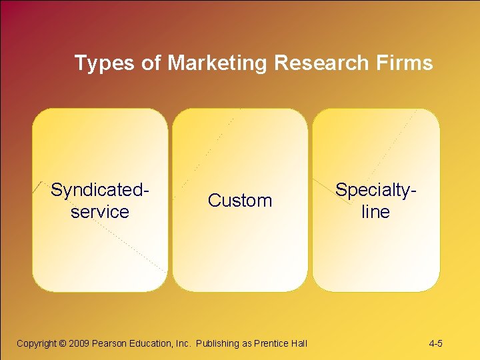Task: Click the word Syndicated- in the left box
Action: point(99,190)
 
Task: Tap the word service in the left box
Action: point(99,212)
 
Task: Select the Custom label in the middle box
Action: point(240,201)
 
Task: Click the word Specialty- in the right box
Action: point(377,190)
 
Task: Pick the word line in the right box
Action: point(375,212)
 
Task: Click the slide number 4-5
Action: point(436,344)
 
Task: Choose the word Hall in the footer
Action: point(299,344)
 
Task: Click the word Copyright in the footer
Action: point(37,344)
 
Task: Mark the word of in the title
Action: point(151,63)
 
